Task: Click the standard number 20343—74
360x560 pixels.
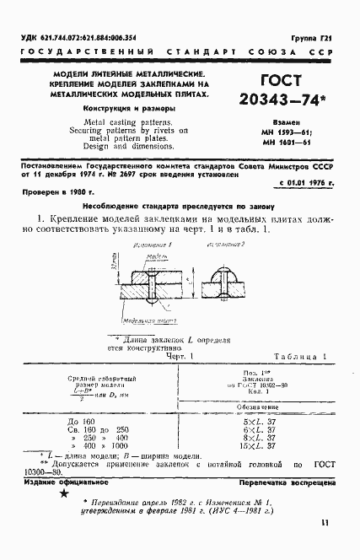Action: point(288,122)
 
